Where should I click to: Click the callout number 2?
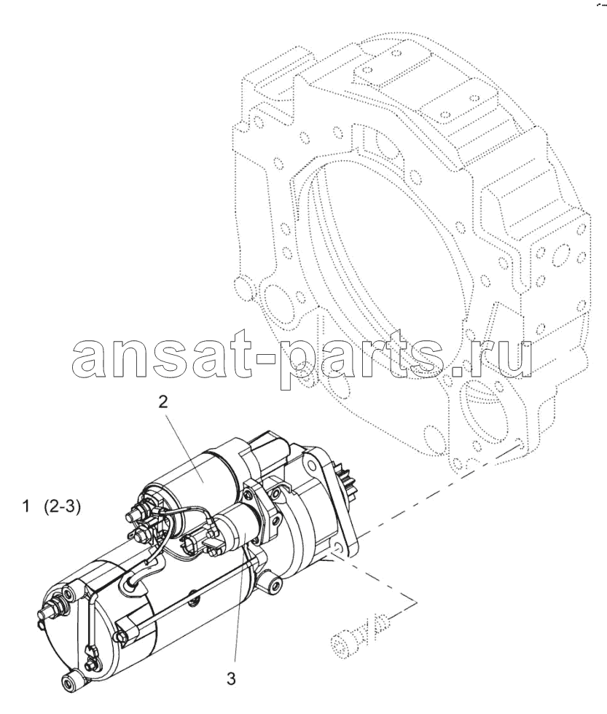(163, 401)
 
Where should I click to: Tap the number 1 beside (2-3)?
(27, 506)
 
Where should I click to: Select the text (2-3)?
(63, 507)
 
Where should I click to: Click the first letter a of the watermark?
(90, 358)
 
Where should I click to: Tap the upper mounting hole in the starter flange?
(311, 465)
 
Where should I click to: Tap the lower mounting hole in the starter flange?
(338, 547)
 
